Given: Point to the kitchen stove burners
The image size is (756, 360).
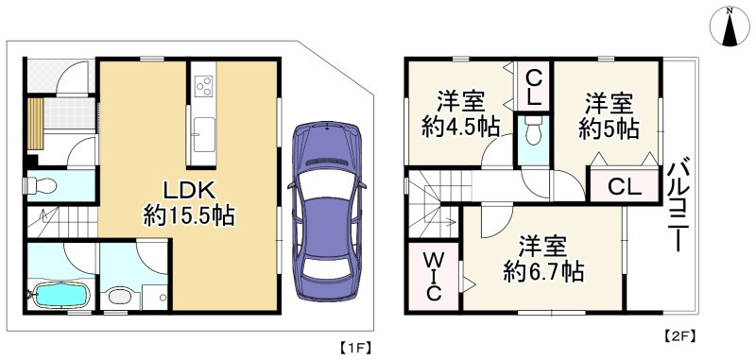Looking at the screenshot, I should (x=203, y=87).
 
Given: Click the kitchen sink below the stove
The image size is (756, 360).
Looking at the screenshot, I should (x=202, y=130).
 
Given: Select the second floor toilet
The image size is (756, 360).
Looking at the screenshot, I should (x=533, y=131).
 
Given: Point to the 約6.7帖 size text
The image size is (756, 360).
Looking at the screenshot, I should (x=542, y=273).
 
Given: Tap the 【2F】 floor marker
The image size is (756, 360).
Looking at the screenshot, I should (x=679, y=335).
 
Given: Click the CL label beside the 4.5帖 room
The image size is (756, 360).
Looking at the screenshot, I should (x=533, y=86).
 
